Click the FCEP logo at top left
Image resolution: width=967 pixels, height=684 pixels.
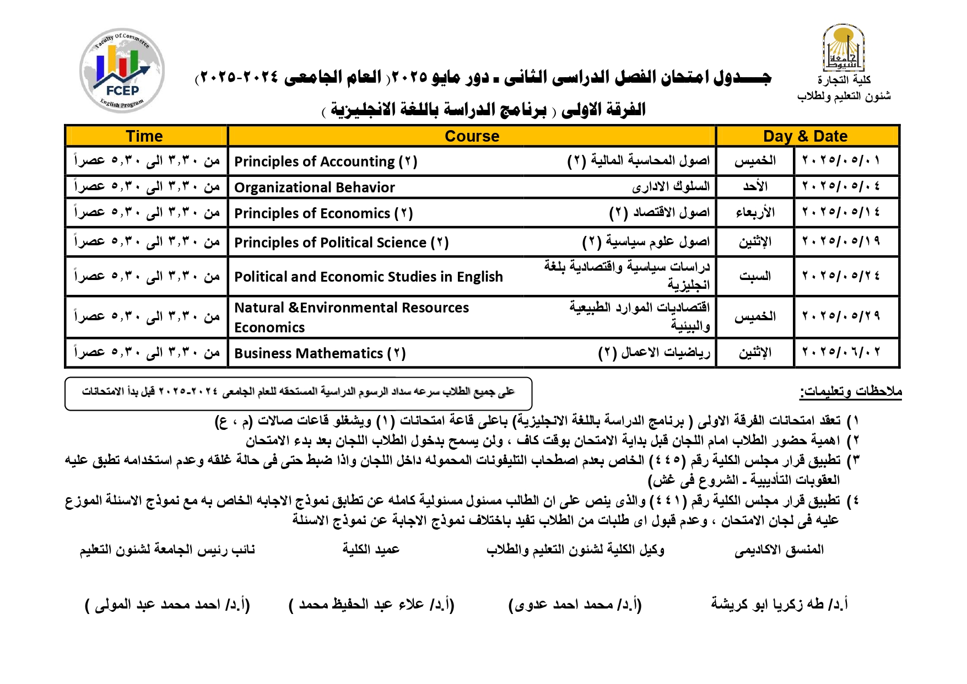click(x=122, y=71)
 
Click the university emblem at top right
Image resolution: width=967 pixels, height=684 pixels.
click(x=843, y=48)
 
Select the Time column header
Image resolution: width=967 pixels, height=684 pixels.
click(x=144, y=136)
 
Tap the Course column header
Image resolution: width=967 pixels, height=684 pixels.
click(x=472, y=136)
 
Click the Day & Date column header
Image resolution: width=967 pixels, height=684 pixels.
click(x=805, y=136)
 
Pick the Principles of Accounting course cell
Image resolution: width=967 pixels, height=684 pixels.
click(x=326, y=161)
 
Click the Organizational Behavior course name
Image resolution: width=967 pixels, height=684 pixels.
click(x=315, y=187)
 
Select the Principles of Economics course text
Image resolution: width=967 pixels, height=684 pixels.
click(x=323, y=213)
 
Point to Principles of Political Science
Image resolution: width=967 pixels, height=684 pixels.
click(x=342, y=243)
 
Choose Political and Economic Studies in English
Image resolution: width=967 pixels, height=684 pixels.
click(x=369, y=277)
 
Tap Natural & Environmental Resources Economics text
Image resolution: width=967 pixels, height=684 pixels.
click(x=352, y=317)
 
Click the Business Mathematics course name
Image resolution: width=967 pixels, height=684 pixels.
click(x=320, y=353)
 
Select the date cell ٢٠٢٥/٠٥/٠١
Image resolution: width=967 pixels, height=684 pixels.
click(x=841, y=160)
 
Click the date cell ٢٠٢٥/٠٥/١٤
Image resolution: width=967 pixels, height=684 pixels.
click(x=841, y=212)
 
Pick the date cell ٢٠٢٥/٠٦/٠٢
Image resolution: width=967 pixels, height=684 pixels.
click(x=841, y=352)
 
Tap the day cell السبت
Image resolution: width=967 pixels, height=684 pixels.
click(x=755, y=276)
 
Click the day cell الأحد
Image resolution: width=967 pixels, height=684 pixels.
click(x=755, y=186)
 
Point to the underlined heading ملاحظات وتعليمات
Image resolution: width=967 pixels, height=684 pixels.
click(x=851, y=392)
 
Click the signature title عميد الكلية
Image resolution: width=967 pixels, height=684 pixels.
click(x=371, y=550)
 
